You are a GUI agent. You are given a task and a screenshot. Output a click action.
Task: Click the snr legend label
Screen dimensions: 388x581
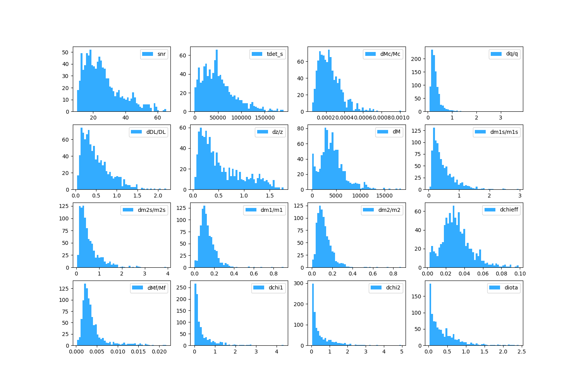[162, 54]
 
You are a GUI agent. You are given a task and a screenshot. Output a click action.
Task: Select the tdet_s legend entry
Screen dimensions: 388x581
[275, 54]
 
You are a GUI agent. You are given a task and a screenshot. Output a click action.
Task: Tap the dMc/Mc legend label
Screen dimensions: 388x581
[390, 54]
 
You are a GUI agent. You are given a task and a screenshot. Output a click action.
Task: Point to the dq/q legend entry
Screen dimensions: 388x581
[512, 54]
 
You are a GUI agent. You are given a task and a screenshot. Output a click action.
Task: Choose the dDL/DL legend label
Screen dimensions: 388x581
[156, 132]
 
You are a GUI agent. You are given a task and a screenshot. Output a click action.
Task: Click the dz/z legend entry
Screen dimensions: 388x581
[277, 132]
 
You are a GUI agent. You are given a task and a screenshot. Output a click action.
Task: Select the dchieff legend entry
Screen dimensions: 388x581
[509, 210]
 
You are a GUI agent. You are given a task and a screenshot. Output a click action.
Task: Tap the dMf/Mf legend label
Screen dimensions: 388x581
[156, 288]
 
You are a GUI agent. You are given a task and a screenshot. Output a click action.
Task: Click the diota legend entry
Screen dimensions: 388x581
[511, 288]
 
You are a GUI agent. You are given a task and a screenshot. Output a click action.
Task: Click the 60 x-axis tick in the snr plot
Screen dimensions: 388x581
[157, 118]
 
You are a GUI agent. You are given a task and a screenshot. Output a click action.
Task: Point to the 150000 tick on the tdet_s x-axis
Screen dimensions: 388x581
[265, 118]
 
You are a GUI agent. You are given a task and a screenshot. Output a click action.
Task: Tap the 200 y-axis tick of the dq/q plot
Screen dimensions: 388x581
[418, 59]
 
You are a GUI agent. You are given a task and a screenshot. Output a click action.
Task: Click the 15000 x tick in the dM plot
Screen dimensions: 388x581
[384, 196]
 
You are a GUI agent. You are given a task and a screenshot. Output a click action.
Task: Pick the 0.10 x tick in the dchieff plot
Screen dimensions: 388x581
[520, 274]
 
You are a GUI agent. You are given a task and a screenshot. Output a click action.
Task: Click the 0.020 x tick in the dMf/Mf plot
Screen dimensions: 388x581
[158, 352]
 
